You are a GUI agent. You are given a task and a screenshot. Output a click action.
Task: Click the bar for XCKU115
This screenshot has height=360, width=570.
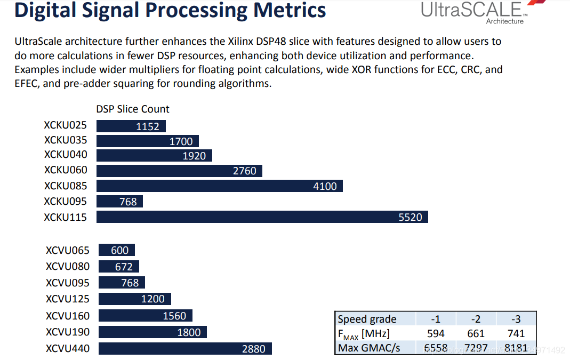click(x=262, y=217)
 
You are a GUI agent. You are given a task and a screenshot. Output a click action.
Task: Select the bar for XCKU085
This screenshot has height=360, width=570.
click(x=219, y=186)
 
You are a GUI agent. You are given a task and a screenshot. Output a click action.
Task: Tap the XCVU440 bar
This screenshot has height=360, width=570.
click(x=185, y=349)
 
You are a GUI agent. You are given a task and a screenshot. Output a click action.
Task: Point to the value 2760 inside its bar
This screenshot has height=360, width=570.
click(x=245, y=171)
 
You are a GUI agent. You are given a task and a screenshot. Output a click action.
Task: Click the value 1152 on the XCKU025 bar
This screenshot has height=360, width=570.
click(x=148, y=126)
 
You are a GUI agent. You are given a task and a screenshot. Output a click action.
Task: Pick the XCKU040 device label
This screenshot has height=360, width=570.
click(x=66, y=155)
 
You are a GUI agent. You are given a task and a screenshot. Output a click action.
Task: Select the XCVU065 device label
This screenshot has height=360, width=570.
click(x=68, y=251)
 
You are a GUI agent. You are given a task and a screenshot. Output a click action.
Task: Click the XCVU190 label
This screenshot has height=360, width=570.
click(x=68, y=332)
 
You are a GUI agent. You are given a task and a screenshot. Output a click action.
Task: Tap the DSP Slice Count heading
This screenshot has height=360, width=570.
click(x=133, y=109)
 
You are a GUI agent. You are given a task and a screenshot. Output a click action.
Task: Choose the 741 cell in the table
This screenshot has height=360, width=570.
click(x=516, y=334)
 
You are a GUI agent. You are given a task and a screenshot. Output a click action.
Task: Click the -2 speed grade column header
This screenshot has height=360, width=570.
click(x=476, y=319)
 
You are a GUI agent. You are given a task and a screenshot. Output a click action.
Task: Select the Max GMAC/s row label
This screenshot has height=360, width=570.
click(x=369, y=348)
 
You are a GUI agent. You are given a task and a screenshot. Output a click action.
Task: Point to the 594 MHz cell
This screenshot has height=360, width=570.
click(x=436, y=334)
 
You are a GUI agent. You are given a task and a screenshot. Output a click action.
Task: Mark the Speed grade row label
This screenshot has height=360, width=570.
click(x=367, y=319)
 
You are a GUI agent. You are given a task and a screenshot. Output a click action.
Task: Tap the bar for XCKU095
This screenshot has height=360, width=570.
click(x=119, y=202)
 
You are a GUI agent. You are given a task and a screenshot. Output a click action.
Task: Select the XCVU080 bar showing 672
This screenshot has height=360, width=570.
click(x=119, y=267)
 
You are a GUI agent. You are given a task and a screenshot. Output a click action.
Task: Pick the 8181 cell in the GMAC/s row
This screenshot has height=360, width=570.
click(x=516, y=348)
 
